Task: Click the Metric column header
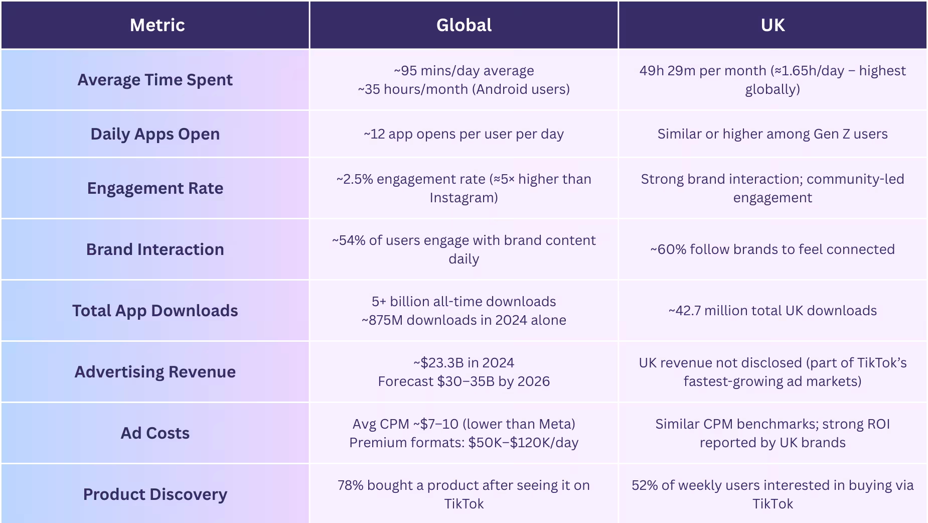[157, 25]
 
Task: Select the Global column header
[463, 25]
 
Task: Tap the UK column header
[772, 25]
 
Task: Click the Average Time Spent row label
[155, 80]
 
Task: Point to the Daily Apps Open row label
[155, 134]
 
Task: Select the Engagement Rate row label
[155, 188]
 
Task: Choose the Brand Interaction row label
[155, 249]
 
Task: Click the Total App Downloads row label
[155, 311]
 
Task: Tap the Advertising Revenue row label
[155, 372]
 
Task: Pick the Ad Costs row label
[155, 433]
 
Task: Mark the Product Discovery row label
[155, 494]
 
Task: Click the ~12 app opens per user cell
[463, 134]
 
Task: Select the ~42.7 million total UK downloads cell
[772, 311]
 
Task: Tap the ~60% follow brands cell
[772, 249]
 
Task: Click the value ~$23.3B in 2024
[463, 363]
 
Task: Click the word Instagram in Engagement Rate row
[463, 198]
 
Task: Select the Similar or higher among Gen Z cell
[772, 134]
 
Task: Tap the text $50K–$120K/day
[523, 443]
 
